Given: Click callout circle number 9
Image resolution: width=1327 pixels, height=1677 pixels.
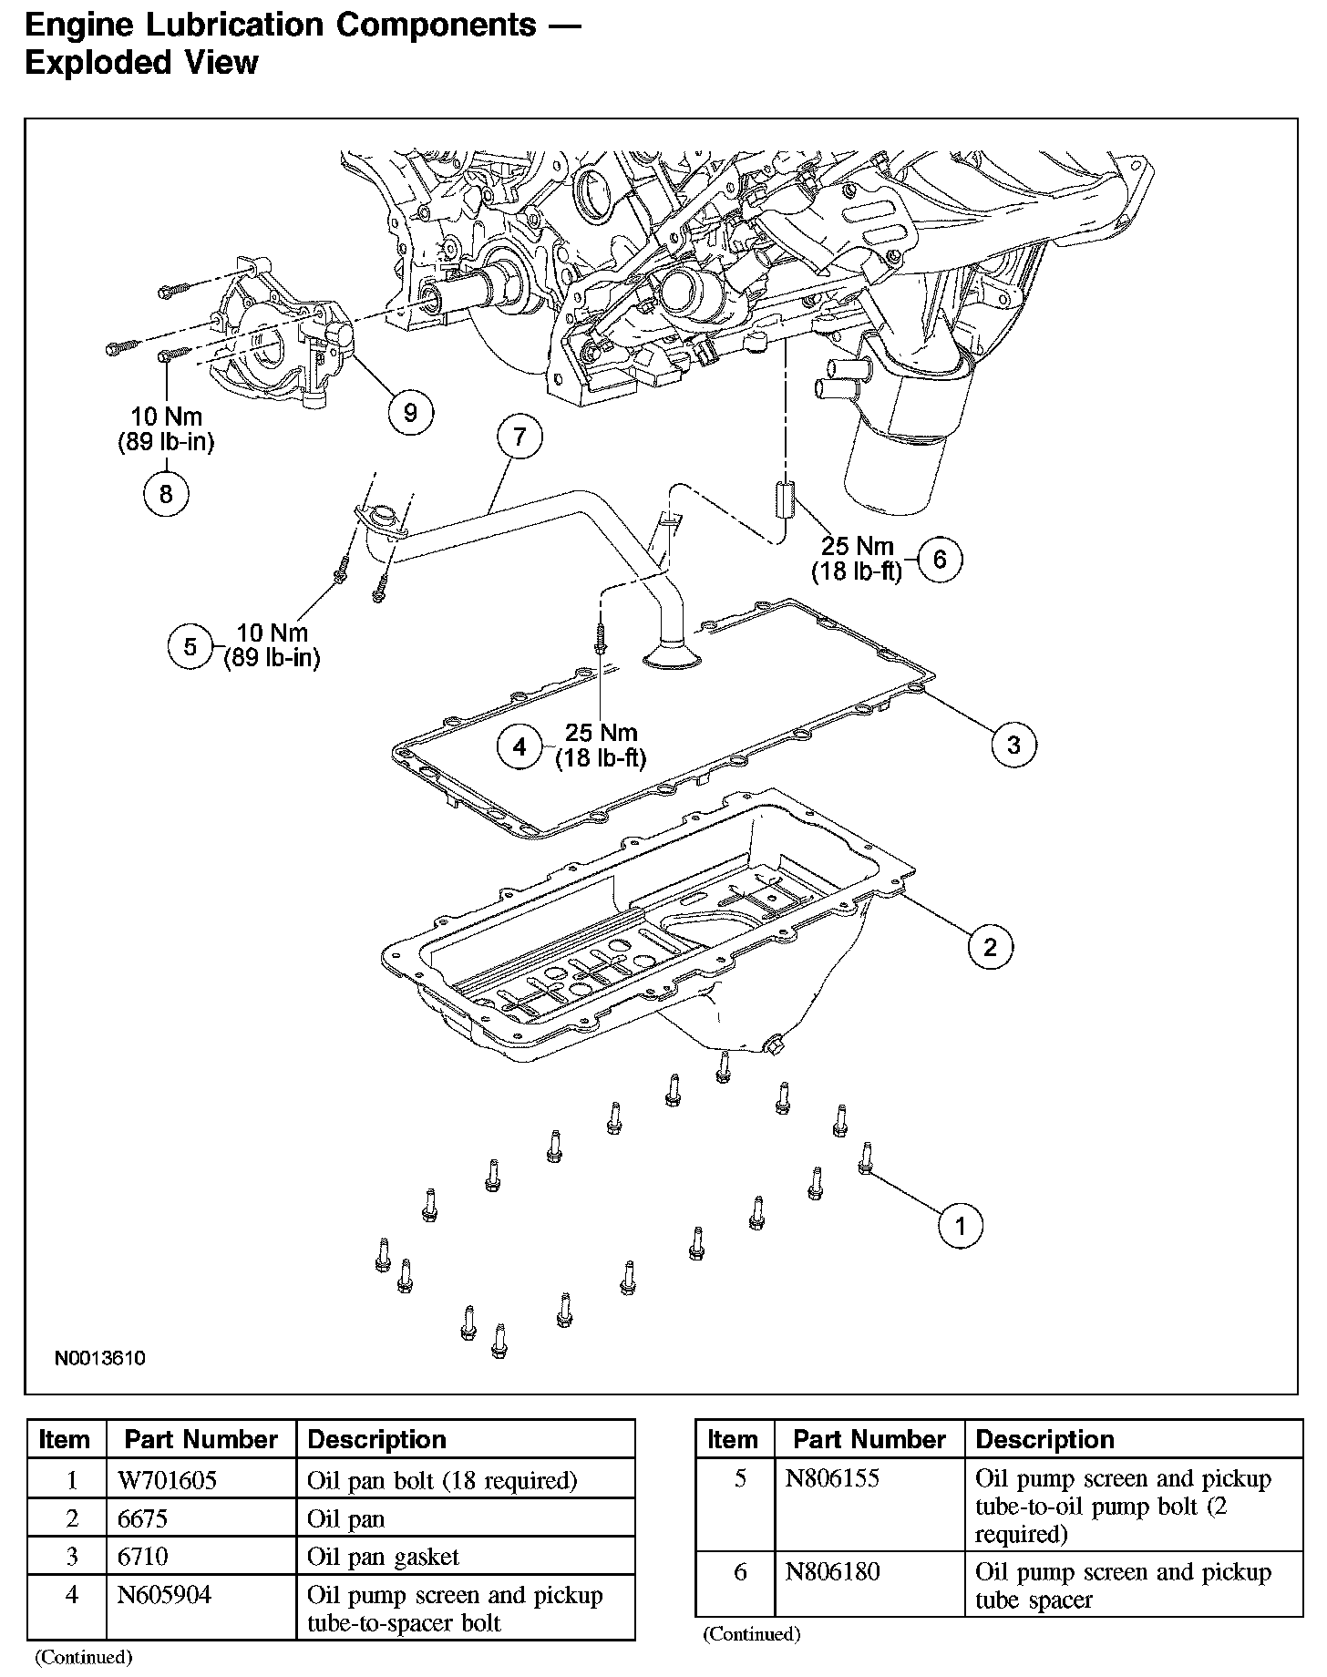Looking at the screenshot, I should pos(410,413).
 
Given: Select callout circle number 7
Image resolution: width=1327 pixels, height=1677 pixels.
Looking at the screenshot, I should pos(519,437).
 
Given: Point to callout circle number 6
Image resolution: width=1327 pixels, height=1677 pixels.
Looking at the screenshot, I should pos(941,558).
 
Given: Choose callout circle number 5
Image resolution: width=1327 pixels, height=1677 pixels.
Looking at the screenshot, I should pos(190,646).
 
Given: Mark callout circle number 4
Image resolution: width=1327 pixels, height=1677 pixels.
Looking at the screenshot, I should pos(519,746).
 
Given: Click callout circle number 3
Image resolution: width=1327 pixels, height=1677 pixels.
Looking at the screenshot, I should pos(1013,745).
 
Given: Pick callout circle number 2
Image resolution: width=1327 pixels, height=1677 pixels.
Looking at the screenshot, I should pos(990,947).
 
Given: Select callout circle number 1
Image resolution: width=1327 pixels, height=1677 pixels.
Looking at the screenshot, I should pos(961,1226).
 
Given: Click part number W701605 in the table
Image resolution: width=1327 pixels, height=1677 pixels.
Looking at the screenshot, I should pos(167,1479).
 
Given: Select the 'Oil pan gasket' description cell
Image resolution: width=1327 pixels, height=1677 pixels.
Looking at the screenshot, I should pos(383,1557).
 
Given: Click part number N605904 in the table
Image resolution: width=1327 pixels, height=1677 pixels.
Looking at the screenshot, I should pos(165,1595).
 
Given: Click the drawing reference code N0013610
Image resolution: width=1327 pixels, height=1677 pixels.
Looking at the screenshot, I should pos(100,1359).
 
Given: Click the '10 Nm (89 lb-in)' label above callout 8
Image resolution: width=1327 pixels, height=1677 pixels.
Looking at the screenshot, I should pos(166,429).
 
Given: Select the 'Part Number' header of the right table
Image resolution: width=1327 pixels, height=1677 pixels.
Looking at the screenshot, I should pos(869,1439).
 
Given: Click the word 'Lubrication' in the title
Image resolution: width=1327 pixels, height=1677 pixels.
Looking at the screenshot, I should pos(228,25).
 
